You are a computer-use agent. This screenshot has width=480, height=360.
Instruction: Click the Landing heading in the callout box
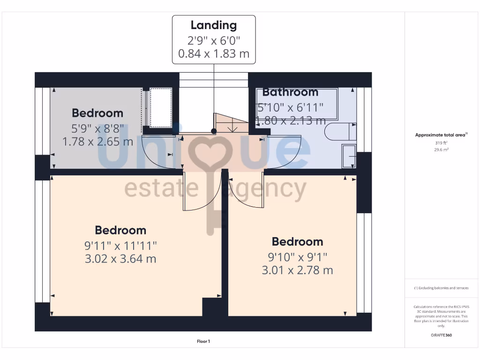(x=214, y=25)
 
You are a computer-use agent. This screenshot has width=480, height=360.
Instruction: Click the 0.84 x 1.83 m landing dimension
(x=214, y=54)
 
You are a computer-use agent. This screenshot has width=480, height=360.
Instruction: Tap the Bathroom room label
(x=290, y=92)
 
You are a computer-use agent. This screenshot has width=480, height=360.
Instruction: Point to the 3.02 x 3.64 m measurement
(x=120, y=258)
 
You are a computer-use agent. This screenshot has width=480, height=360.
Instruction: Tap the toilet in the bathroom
(x=341, y=132)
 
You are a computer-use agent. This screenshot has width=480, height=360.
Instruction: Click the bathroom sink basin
(x=349, y=156)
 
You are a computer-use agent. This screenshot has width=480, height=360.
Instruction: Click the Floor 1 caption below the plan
(x=203, y=342)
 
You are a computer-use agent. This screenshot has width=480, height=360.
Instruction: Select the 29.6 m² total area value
(x=441, y=150)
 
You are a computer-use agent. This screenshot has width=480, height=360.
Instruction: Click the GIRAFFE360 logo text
(x=441, y=335)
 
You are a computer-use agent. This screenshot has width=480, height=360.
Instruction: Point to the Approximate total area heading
(x=441, y=135)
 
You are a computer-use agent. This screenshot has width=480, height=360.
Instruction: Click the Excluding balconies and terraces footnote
(x=441, y=288)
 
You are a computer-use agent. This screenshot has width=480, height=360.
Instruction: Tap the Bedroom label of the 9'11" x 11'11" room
(x=120, y=230)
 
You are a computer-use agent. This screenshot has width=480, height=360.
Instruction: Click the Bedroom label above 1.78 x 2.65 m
(x=97, y=113)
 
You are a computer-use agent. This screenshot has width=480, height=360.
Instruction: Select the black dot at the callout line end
(x=214, y=132)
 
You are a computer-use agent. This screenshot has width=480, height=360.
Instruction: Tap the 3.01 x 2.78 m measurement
(x=297, y=270)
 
